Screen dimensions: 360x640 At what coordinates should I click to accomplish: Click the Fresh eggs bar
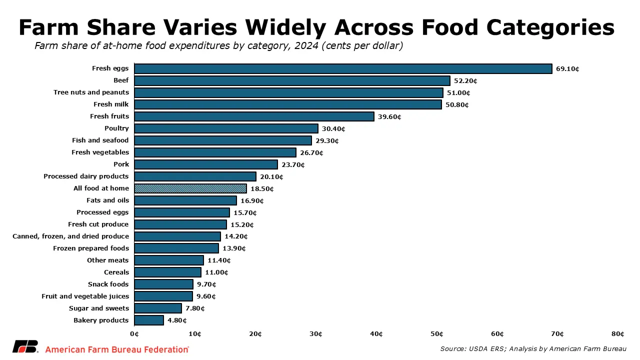click(343, 68)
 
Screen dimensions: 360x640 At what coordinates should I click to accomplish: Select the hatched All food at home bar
click(190, 188)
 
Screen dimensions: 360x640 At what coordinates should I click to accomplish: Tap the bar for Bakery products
click(149, 320)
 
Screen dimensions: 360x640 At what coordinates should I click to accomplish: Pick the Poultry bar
click(226, 128)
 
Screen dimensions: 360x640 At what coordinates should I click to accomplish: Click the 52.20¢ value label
click(466, 80)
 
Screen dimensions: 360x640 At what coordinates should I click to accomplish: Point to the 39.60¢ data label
click(389, 116)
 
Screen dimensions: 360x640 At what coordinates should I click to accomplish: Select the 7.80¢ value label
click(195, 308)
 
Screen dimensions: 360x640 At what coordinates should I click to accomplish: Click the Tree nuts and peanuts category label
click(91, 92)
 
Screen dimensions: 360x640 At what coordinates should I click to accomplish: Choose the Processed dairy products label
click(86, 176)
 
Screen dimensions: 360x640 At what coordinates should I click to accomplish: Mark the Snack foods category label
click(108, 284)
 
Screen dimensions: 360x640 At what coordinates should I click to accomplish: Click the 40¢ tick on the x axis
click(376, 334)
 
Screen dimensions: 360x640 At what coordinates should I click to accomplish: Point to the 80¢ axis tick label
click(618, 334)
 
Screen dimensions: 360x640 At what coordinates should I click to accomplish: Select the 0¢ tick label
click(134, 334)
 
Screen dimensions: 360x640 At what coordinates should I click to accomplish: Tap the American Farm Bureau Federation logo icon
click(25, 346)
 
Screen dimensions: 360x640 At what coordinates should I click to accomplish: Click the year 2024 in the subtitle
click(305, 46)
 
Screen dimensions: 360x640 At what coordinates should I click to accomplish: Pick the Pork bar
click(206, 164)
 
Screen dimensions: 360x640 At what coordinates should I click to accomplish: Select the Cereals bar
click(168, 272)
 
